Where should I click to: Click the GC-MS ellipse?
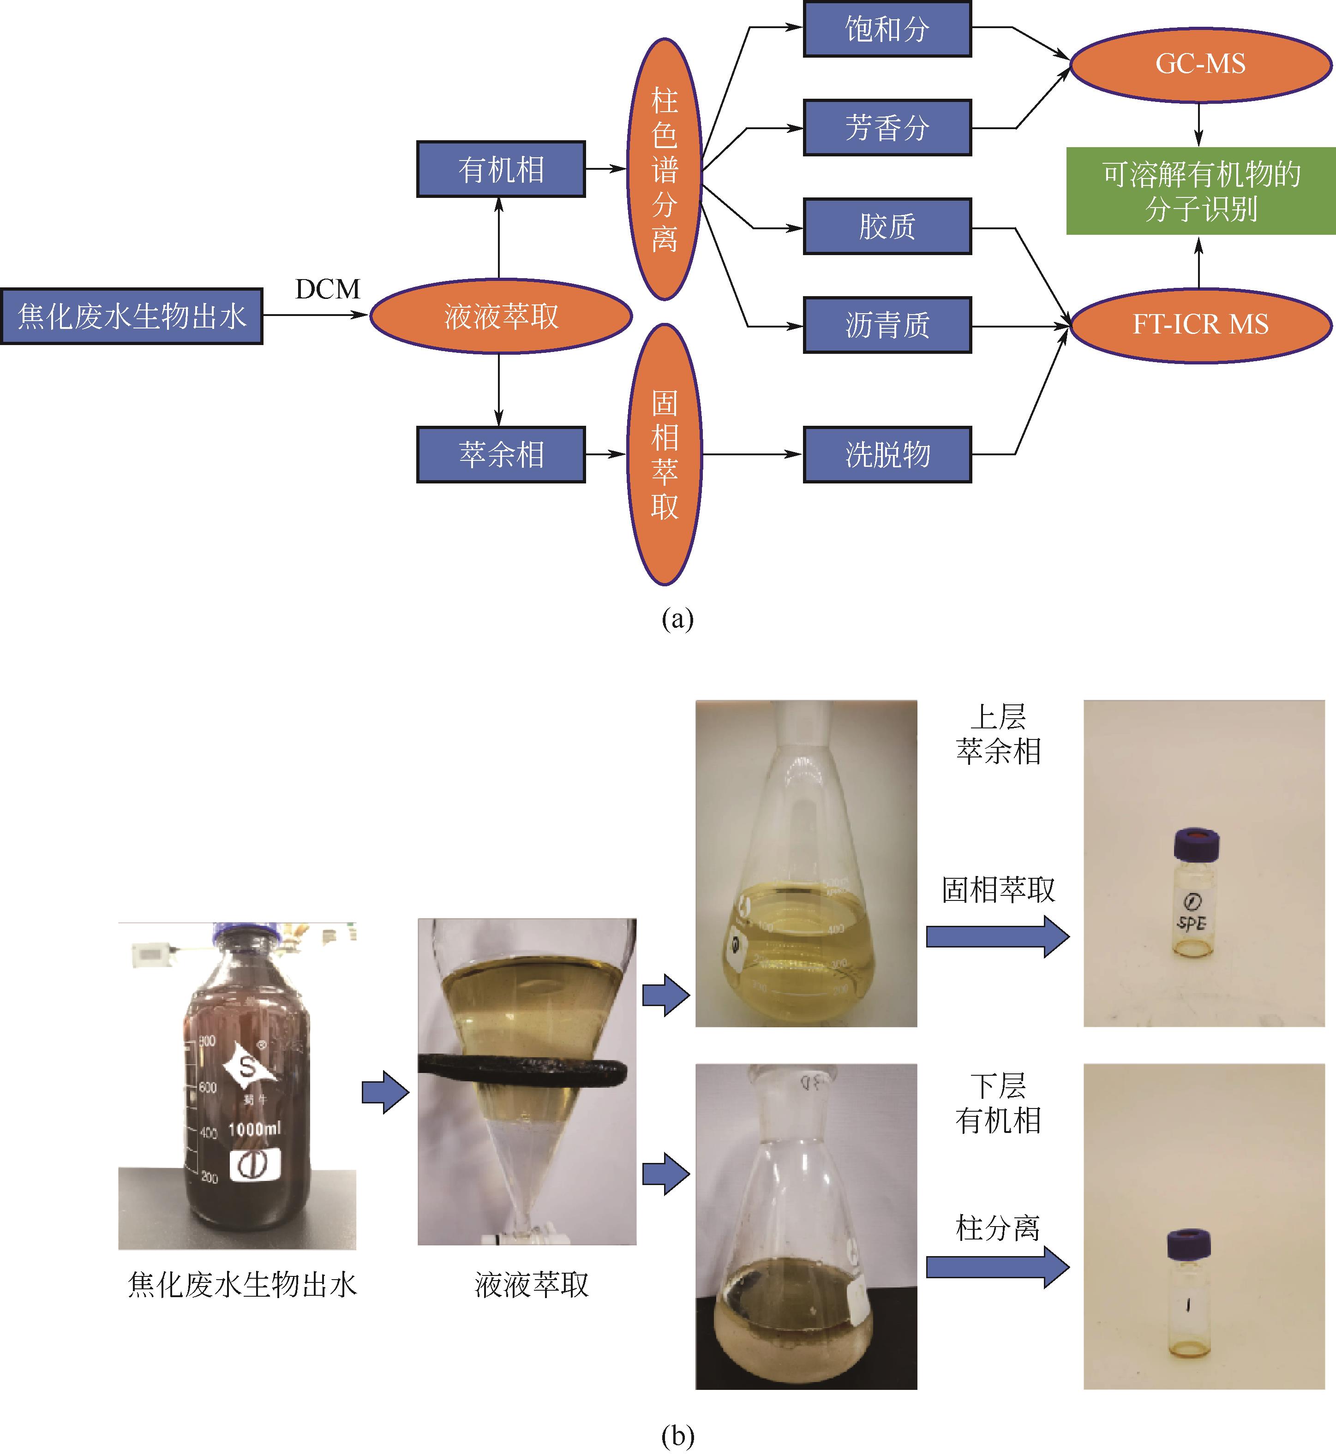pyautogui.click(x=1200, y=64)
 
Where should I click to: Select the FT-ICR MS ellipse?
pyautogui.click(x=1200, y=324)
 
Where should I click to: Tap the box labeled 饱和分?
pyautogui.click(x=887, y=30)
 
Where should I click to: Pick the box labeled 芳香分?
pyautogui.click(x=887, y=128)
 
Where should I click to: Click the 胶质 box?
pyautogui.click(x=887, y=227)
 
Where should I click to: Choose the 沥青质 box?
pyautogui.click(x=887, y=325)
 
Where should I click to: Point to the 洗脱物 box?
pyautogui.click(x=887, y=454)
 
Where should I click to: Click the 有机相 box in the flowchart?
pyautogui.click(x=500, y=170)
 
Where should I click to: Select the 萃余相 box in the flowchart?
pyautogui.click(x=500, y=454)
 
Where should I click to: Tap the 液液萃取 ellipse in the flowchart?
pyautogui.click(x=500, y=316)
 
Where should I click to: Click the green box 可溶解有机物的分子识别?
pyautogui.click(x=1200, y=191)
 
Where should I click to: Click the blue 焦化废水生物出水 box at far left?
pyautogui.click(x=132, y=316)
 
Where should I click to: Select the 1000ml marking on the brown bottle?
pyautogui.click(x=254, y=1129)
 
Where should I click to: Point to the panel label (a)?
pyautogui.click(x=677, y=620)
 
